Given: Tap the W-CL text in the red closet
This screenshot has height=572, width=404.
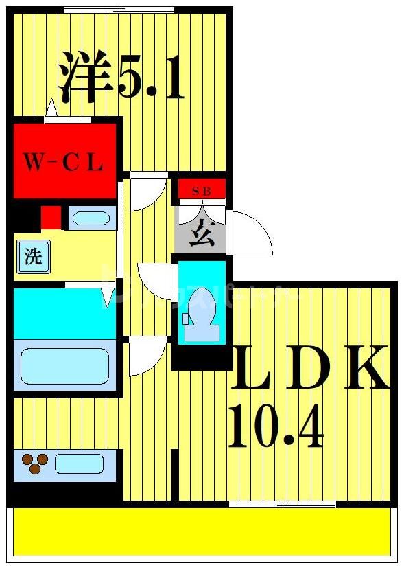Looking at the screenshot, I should pyautogui.click(x=63, y=163).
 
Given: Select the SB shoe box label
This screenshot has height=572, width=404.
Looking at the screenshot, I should pyautogui.click(x=202, y=190).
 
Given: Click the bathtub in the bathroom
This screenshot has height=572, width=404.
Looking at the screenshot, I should pyautogui.click(x=64, y=365).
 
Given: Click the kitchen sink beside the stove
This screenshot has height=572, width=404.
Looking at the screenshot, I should pyautogui.click(x=79, y=464).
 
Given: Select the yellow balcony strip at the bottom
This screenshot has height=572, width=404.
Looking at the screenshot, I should pyautogui.click(x=202, y=531).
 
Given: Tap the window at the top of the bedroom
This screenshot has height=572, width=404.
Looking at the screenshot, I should pyautogui.click(x=119, y=9).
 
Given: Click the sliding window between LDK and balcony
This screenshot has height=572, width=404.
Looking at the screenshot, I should pyautogui.click(x=282, y=505).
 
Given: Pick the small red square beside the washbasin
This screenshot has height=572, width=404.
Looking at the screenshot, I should pyautogui.click(x=50, y=217).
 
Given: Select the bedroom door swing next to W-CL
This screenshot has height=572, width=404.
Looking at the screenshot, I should pyautogui.click(x=147, y=192).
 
